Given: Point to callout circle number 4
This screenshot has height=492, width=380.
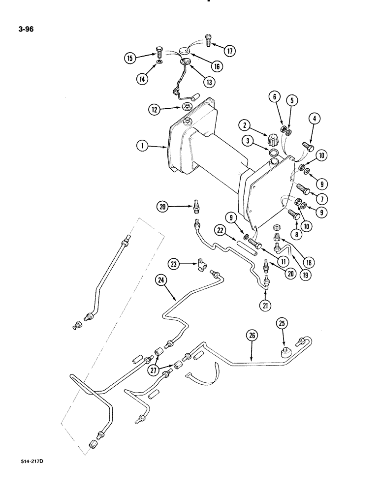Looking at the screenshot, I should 314,118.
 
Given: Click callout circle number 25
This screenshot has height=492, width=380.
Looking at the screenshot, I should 283,324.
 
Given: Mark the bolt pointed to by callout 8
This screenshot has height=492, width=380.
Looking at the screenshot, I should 290,215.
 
